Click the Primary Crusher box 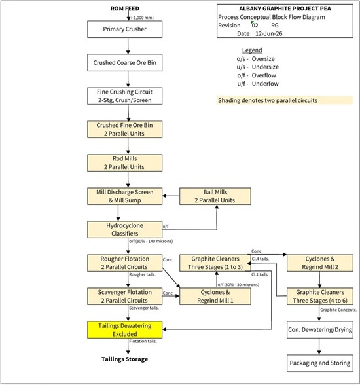[124, 29]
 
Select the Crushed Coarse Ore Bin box [124, 63]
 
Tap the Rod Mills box [124, 163]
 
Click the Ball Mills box [215, 196]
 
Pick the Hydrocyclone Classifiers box [124, 230]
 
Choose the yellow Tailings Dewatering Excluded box [124, 330]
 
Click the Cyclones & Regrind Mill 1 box [215, 297]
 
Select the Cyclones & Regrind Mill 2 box [320, 263]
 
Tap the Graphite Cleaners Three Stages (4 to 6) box [320, 297]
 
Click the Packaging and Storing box [320, 363]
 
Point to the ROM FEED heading [124, 9]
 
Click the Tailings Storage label [124, 359]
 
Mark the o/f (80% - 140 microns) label [151, 241]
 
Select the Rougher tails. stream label [142, 274]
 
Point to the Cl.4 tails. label [261, 259]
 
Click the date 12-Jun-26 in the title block [269, 33]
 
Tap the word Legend [252, 50]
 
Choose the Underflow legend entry [258, 84]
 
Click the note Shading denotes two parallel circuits [268, 100]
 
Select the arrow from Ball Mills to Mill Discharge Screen [171, 196]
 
